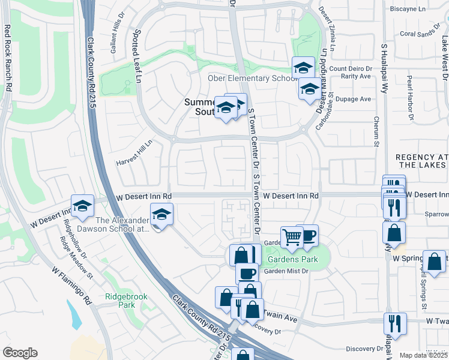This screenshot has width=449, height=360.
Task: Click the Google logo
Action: (x=20, y=353)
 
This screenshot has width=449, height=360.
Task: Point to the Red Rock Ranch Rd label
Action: (x=8, y=57)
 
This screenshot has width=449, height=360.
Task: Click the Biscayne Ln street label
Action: (x=424, y=9)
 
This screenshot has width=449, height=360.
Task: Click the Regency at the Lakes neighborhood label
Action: (x=422, y=161)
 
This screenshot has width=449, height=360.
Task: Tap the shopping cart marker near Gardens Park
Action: (x=292, y=236)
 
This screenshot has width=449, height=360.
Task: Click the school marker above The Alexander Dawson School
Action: (x=161, y=214)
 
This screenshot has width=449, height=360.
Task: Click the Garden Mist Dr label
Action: (x=286, y=271)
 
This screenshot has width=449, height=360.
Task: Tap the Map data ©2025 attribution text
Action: (x=424, y=355)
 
